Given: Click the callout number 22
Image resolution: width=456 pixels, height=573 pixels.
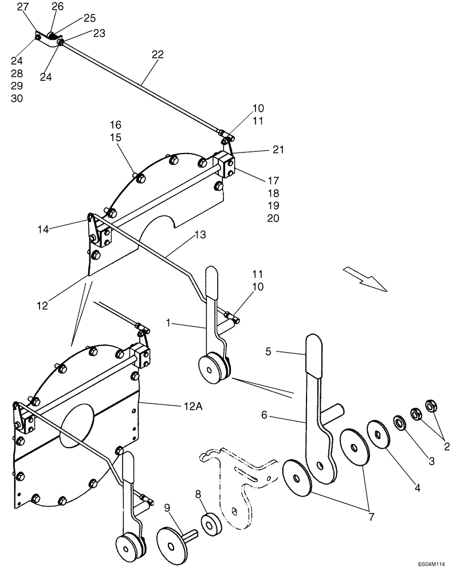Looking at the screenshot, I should pos(158,55).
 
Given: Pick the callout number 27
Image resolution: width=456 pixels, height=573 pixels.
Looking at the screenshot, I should pos(22,6).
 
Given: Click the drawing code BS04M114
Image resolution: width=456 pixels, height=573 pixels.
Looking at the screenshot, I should pos(430,564).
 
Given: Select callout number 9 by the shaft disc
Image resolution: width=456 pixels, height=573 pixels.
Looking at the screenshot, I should pos(167,508).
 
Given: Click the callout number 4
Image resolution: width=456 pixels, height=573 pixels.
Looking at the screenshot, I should pos(418,488).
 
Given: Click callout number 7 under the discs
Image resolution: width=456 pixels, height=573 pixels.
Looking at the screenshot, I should pos(371,516).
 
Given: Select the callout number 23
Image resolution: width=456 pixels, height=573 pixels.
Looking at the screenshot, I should pos(99,33).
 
